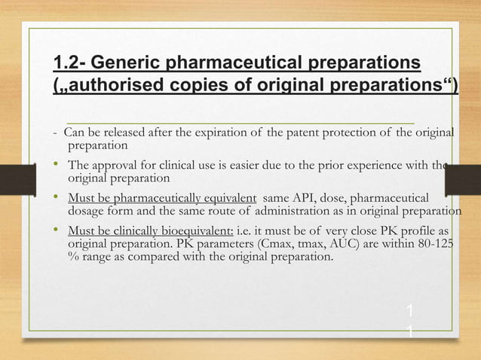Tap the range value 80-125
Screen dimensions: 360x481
click(431, 244)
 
